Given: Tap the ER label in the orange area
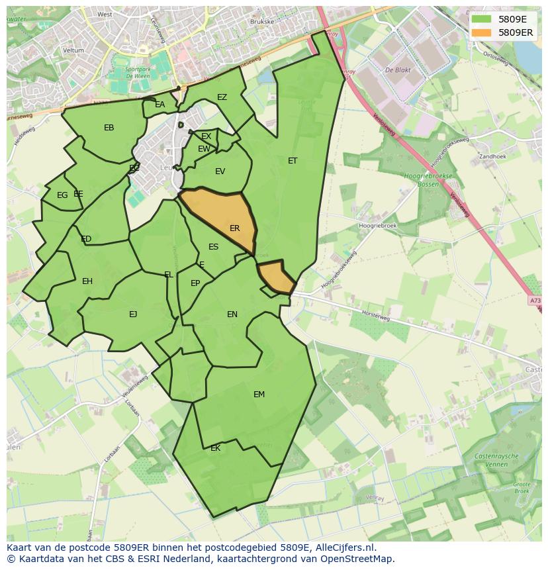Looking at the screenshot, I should tap(235, 228).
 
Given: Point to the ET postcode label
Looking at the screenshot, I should tap(293, 161).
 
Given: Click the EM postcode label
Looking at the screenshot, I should tap(259, 395).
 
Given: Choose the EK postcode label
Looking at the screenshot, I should tap(215, 448).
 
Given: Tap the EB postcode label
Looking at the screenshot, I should tap(109, 128).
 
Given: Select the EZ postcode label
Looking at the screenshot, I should tap(222, 97).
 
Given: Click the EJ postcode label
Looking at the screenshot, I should tap(133, 314).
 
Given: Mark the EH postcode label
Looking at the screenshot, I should tap(87, 281).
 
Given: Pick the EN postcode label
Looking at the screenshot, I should tap(232, 314).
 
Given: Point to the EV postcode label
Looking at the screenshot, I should tap(220, 171).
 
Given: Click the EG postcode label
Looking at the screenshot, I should tap(62, 195).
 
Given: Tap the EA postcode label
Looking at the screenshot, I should tap(160, 105).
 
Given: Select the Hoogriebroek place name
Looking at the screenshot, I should tap(377, 226).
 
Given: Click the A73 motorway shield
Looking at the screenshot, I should tap(535, 301).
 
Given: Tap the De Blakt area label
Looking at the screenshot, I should tap(399, 69).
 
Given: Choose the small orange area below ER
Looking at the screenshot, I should tap(275, 278).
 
